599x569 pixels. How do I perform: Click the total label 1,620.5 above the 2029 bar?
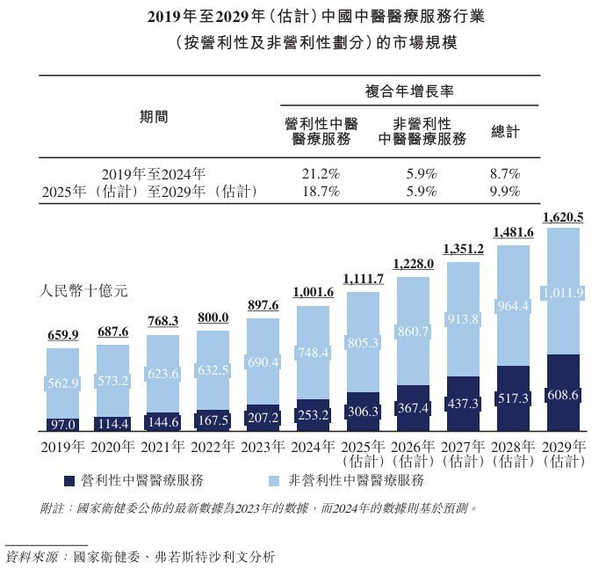(563, 217)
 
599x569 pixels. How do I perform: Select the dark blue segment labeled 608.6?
(563, 395)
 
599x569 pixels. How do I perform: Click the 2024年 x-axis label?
(313, 446)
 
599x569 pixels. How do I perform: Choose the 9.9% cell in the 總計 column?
(505, 191)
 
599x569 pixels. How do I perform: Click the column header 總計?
(505, 131)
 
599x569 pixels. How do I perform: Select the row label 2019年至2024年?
(153, 173)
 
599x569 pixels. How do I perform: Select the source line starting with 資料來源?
(141, 556)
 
